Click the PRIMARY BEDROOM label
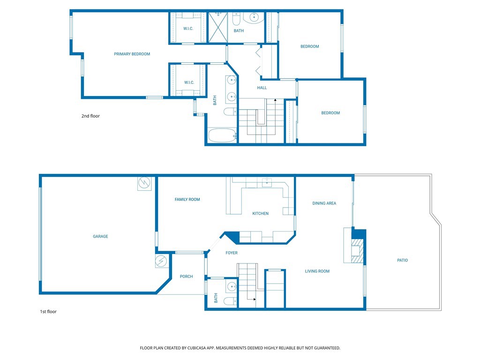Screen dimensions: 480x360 pyautogui.click(x=132, y=54)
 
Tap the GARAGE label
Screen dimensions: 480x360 pyautogui.click(x=100, y=236)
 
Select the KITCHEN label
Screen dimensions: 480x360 pyautogui.click(x=260, y=213)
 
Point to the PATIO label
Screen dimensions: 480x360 pyautogui.click(x=402, y=260)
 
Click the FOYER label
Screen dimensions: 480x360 pyautogui.click(x=232, y=253)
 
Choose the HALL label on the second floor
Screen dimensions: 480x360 pyautogui.click(x=262, y=88)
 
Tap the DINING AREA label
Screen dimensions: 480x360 pyautogui.click(x=324, y=203)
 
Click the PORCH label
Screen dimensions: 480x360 pyautogui.click(x=186, y=277)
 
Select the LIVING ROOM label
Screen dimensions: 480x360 pyautogui.click(x=317, y=271)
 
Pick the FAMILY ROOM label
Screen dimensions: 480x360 pyautogui.click(x=187, y=200)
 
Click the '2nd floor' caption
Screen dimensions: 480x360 pyautogui.click(x=90, y=116)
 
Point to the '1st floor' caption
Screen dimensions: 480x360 pyautogui.click(x=48, y=312)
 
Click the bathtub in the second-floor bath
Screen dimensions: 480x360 pyautogui.click(x=222, y=135)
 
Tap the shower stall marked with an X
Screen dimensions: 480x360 pyautogui.click(x=218, y=27)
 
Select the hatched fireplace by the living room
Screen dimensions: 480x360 pyautogui.click(x=357, y=251)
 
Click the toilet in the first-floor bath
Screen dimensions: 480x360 pyautogui.click(x=230, y=301)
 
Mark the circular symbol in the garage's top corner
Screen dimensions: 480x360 pyautogui.click(x=144, y=183)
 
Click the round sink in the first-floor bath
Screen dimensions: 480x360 pyautogui.click(x=232, y=287)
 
